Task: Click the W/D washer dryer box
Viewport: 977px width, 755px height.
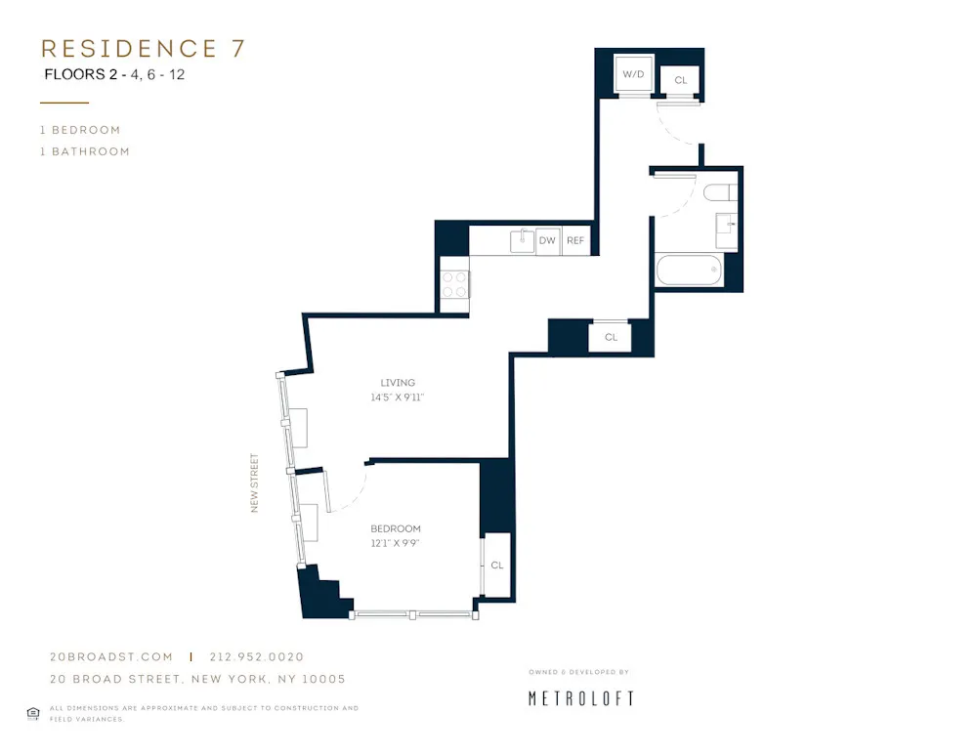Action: click(x=632, y=74)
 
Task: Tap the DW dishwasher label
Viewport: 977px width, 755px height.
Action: click(x=547, y=240)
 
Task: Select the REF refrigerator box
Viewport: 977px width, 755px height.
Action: click(x=575, y=240)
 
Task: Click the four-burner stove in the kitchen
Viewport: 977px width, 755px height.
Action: click(x=454, y=284)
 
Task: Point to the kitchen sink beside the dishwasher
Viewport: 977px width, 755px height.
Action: click(x=523, y=239)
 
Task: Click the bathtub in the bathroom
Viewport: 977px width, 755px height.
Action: click(x=690, y=270)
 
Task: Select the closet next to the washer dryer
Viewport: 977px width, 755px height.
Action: click(x=680, y=80)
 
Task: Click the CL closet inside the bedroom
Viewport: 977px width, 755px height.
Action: click(x=496, y=565)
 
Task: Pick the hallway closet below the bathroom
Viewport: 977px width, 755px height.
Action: click(x=611, y=337)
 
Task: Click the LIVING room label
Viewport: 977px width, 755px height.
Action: click(x=398, y=383)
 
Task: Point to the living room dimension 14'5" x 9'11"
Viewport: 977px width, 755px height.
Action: click(x=398, y=398)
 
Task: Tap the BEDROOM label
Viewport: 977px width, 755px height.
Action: click(x=396, y=528)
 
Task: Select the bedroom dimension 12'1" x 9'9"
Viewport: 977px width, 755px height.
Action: click(x=396, y=543)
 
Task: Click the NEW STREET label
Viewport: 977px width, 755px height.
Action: click(x=255, y=482)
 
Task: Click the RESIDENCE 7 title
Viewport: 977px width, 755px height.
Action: click(x=143, y=49)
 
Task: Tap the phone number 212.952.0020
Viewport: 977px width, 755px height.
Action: click(x=256, y=657)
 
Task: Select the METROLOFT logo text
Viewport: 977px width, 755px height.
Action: click(x=581, y=698)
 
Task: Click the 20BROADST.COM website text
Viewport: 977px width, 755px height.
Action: click(x=111, y=657)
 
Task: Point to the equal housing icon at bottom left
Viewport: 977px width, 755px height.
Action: click(x=32, y=713)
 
